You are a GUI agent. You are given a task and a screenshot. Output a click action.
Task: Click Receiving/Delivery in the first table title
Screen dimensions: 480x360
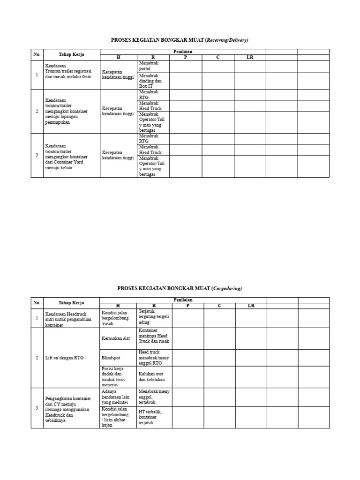coord(227,40)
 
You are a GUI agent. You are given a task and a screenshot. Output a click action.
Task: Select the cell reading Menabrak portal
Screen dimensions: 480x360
coord(153,66)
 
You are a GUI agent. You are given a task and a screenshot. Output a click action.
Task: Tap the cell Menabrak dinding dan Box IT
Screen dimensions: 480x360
coord(153,81)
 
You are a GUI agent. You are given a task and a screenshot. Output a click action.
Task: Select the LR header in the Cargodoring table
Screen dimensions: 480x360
coord(251,306)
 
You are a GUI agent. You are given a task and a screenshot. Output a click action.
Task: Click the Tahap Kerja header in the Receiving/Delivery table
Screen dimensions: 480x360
coord(71,54)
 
